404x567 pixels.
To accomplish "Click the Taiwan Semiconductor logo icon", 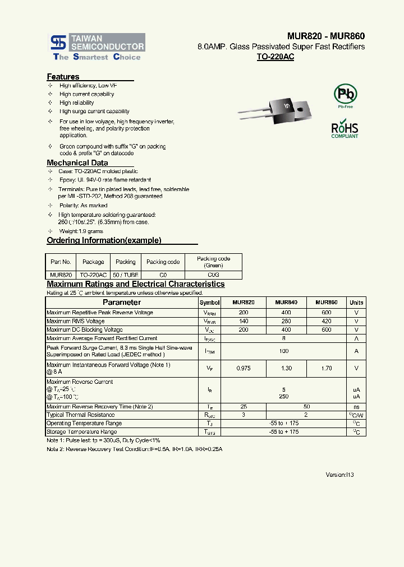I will pyautogui.click(x=58, y=43).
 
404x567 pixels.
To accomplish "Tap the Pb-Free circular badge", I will pyautogui.click(x=345, y=94).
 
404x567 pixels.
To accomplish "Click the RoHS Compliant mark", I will pyautogui.click(x=345, y=128).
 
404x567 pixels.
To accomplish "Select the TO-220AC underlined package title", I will pyautogui.click(x=275, y=57).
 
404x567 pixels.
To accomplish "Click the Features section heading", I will pyautogui.click(x=63, y=77).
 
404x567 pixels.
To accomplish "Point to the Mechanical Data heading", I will pyautogui.click(x=77, y=163).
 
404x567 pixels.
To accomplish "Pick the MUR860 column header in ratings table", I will pyautogui.click(x=326, y=303).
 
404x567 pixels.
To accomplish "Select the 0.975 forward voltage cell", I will pyautogui.click(x=243, y=368).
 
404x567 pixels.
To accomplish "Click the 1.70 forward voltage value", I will pyautogui.click(x=326, y=368).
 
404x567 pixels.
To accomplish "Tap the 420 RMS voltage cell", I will pyautogui.click(x=326, y=321).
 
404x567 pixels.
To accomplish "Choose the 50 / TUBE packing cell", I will pyautogui.click(x=126, y=275).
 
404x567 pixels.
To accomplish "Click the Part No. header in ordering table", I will pyautogui.click(x=61, y=262).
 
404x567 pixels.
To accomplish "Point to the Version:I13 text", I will pyautogui.click(x=339, y=475).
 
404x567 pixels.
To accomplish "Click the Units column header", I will pyautogui.click(x=356, y=303).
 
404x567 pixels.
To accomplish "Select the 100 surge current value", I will pyautogui.click(x=284, y=351).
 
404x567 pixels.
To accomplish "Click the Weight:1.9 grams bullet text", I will pyautogui.click(x=81, y=231).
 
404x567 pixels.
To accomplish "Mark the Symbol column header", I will pyautogui.click(x=210, y=303).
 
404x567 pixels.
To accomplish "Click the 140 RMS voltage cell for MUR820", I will pyautogui.click(x=243, y=321).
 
